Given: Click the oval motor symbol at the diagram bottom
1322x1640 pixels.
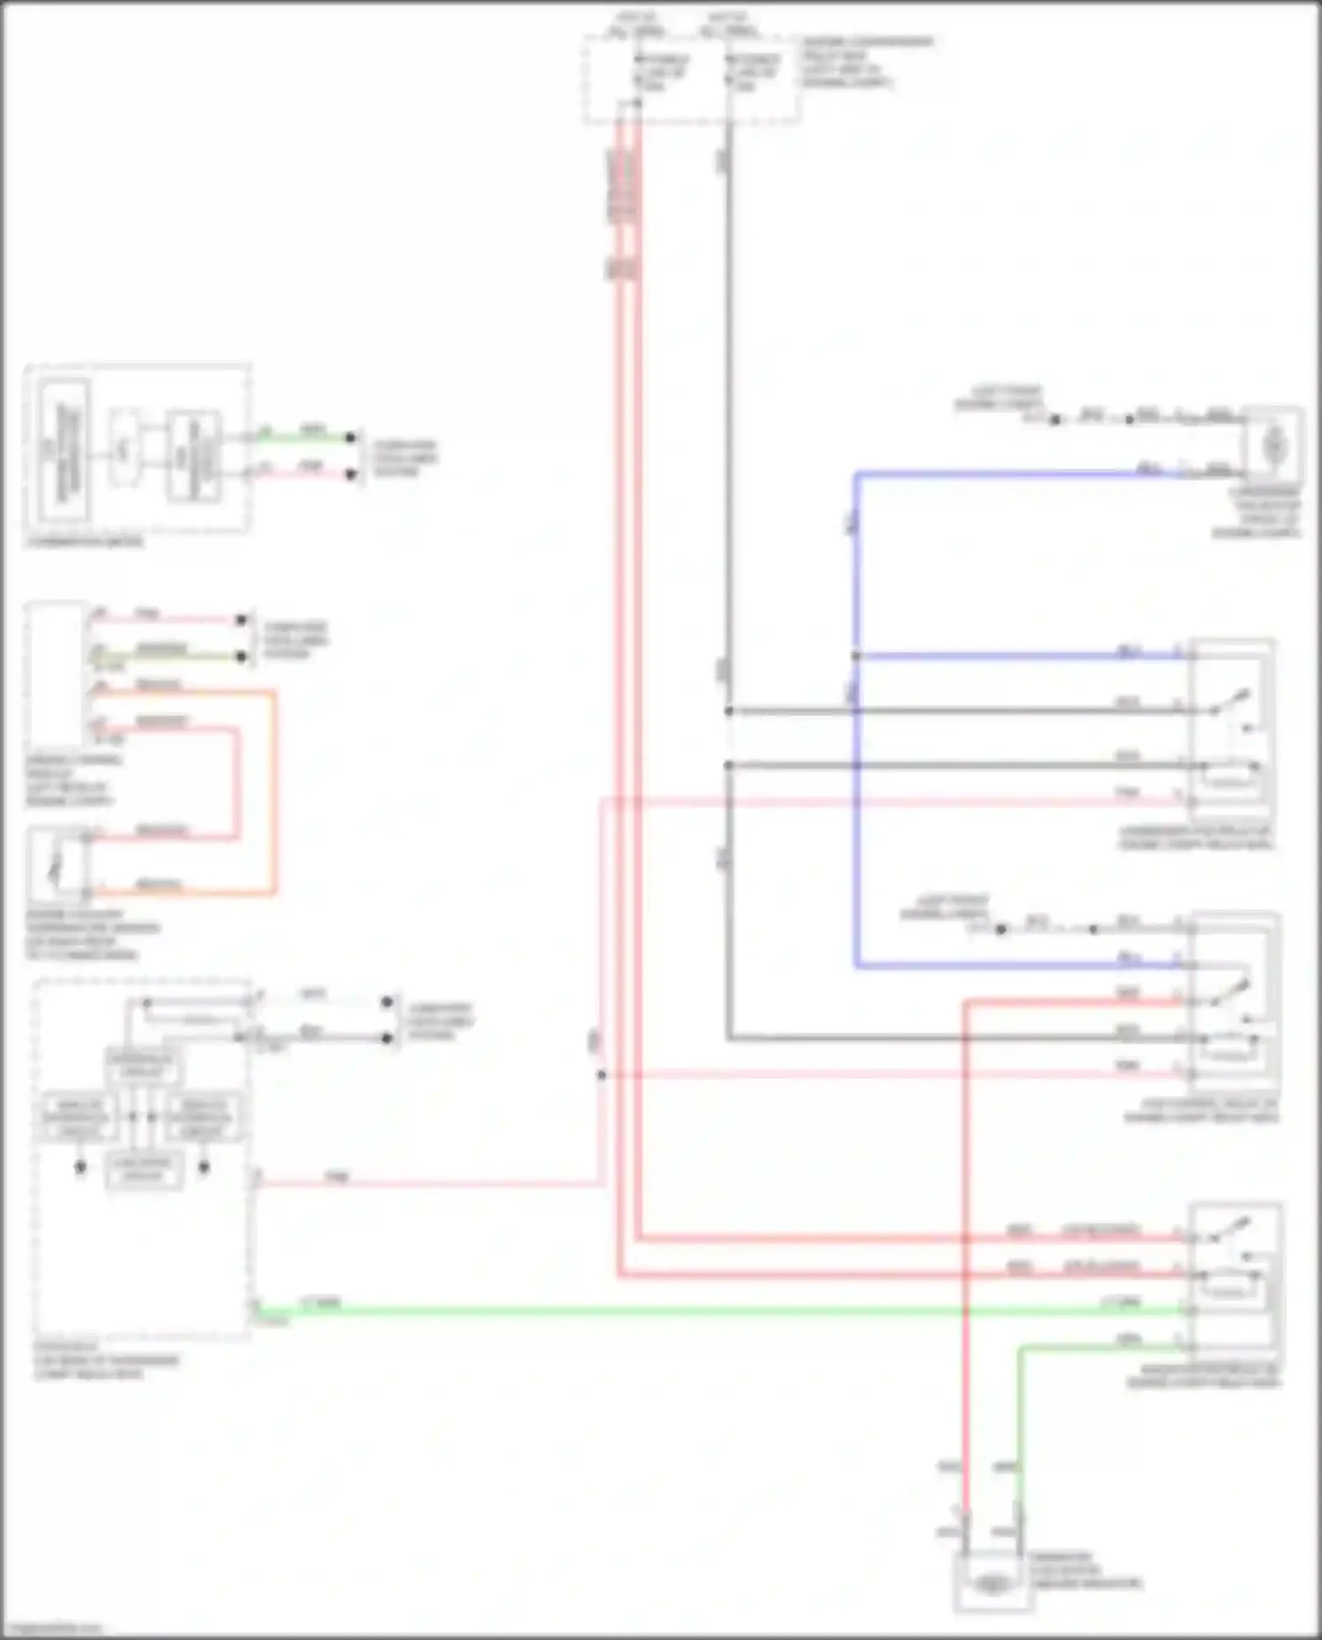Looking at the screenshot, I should click(x=992, y=1584).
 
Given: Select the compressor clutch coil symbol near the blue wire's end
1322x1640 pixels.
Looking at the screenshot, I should click(x=1274, y=447).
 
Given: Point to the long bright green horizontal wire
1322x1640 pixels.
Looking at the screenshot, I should click(x=705, y=1311).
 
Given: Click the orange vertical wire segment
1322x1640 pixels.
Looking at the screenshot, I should click(x=274, y=793).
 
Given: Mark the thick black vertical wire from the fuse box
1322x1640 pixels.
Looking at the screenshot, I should click(x=728, y=441).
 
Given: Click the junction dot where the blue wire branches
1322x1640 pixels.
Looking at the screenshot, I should click(x=856, y=656).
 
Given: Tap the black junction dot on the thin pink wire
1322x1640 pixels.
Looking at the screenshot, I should click(x=601, y=1075).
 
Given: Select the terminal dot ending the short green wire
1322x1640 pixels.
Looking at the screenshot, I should click(x=351, y=437).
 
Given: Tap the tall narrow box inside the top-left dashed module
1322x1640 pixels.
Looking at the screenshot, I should click(x=62, y=451).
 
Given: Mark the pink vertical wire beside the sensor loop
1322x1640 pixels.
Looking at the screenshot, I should click(x=236, y=783).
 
